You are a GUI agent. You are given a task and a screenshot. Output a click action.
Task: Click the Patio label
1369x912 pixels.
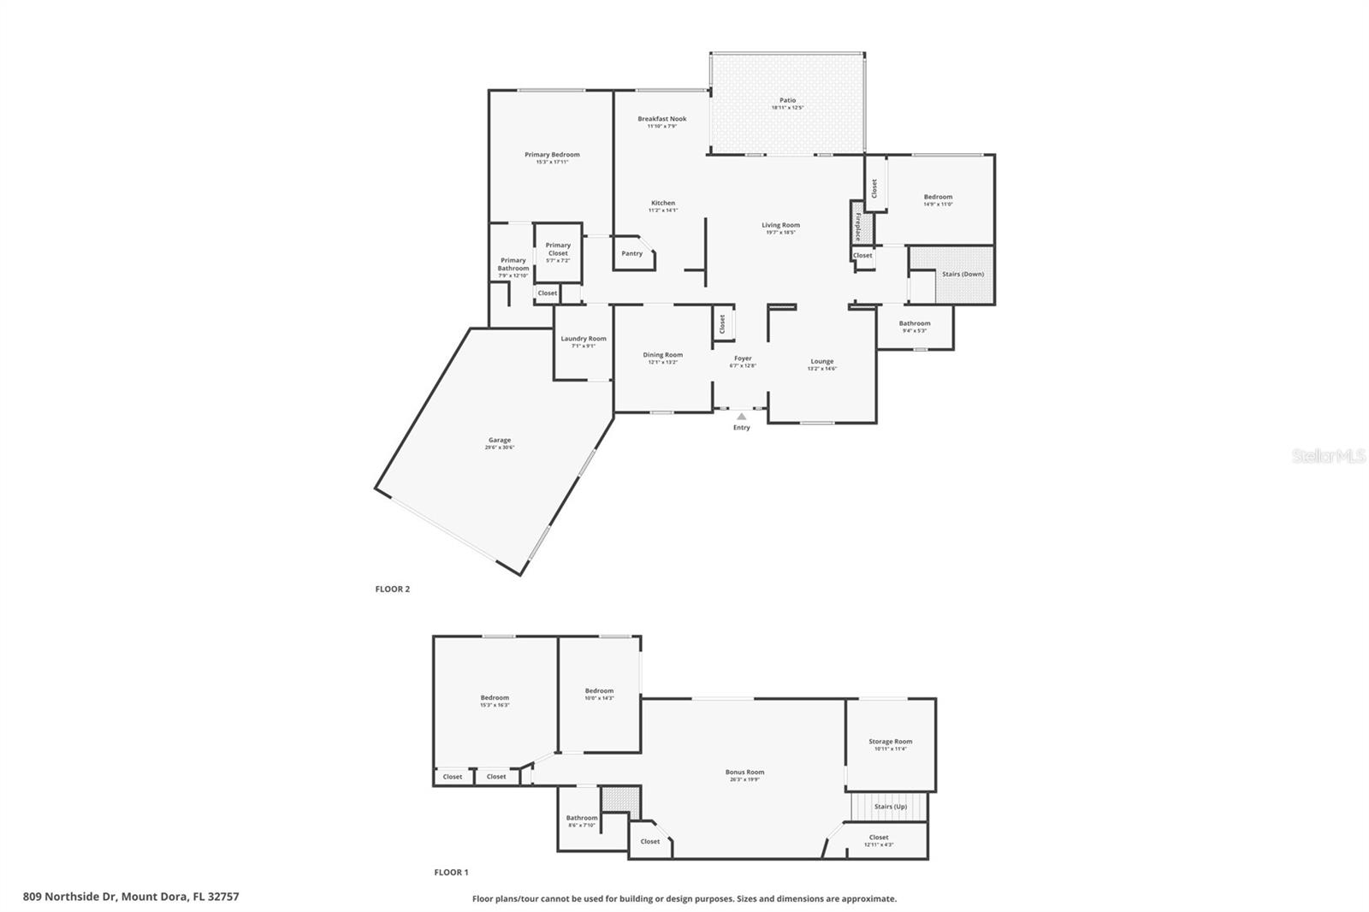tap(787, 100)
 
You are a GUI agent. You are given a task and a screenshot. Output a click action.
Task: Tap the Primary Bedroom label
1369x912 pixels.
tap(552, 155)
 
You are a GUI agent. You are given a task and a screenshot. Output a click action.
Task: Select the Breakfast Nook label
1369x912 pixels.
tap(661, 119)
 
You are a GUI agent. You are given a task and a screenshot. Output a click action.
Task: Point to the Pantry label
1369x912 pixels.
tap(631, 253)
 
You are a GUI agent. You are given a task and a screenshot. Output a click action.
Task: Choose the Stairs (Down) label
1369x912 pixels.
tap(963, 274)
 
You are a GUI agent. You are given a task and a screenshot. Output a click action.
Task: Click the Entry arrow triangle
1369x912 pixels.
tap(741, 417)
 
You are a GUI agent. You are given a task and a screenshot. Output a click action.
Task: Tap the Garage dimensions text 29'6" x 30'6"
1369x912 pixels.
tap(500, 447)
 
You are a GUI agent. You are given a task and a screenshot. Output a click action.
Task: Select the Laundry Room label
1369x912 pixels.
tap(584, 339)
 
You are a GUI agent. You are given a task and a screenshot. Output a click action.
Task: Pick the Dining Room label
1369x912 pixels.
tap(663, 355)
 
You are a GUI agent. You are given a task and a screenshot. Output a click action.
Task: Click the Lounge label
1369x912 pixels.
tap(822, 361)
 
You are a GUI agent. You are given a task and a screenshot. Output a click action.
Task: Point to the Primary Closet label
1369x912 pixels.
tap(558, 249)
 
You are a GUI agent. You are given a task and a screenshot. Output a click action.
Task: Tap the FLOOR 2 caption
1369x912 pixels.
tap(393, 589)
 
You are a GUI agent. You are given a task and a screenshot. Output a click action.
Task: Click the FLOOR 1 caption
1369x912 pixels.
tap(451, 873)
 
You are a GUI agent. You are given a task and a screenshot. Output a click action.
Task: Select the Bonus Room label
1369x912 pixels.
tap(744, 772)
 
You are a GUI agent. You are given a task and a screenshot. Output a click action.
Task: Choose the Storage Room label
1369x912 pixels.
tap(891, 742)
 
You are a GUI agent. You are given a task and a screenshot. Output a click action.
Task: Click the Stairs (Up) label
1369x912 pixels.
tap(891, 806)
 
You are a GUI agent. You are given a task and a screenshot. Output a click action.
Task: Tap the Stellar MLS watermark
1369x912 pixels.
tap(1328, 457)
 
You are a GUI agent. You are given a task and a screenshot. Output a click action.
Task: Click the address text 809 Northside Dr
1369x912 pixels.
tap(70, 897)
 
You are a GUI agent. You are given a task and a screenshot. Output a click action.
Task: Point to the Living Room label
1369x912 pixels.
tap(781, 225)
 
